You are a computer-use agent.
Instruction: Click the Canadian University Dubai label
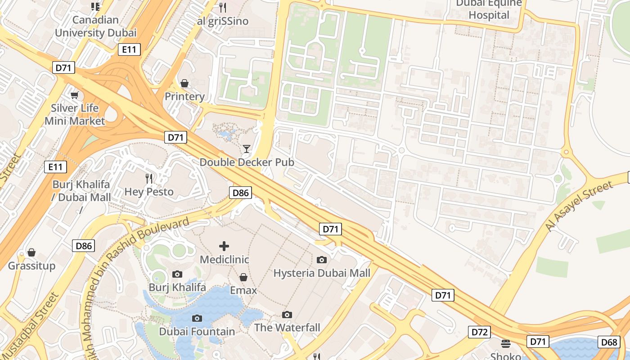coord(95,26)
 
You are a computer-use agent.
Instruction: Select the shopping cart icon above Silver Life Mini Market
coord(75,95)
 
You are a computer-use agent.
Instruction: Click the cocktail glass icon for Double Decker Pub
coord(246,149)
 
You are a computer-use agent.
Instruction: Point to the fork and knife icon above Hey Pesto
coord(149,179)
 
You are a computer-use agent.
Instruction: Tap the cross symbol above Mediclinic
coord(224,246)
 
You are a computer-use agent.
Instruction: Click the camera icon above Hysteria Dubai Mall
coord(322,260)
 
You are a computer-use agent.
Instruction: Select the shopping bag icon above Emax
coord(243,277)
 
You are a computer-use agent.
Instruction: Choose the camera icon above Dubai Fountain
coord(197,319)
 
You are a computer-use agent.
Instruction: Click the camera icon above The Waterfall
coord(287,315)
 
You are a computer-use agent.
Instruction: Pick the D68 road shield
coord(609,342)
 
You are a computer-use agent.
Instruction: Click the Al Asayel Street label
coord(579,207)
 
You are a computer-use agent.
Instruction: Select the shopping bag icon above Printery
coord(184,83)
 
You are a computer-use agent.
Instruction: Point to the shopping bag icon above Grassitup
coord(31,252)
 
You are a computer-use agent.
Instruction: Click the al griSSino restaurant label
coord(223,21)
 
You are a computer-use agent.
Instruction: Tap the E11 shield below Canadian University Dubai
coord(129,49)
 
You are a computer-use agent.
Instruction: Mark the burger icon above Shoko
coord(505,344)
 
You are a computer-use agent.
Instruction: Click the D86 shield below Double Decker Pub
coord(240,193)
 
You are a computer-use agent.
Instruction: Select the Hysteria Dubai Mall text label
coord(322,273)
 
